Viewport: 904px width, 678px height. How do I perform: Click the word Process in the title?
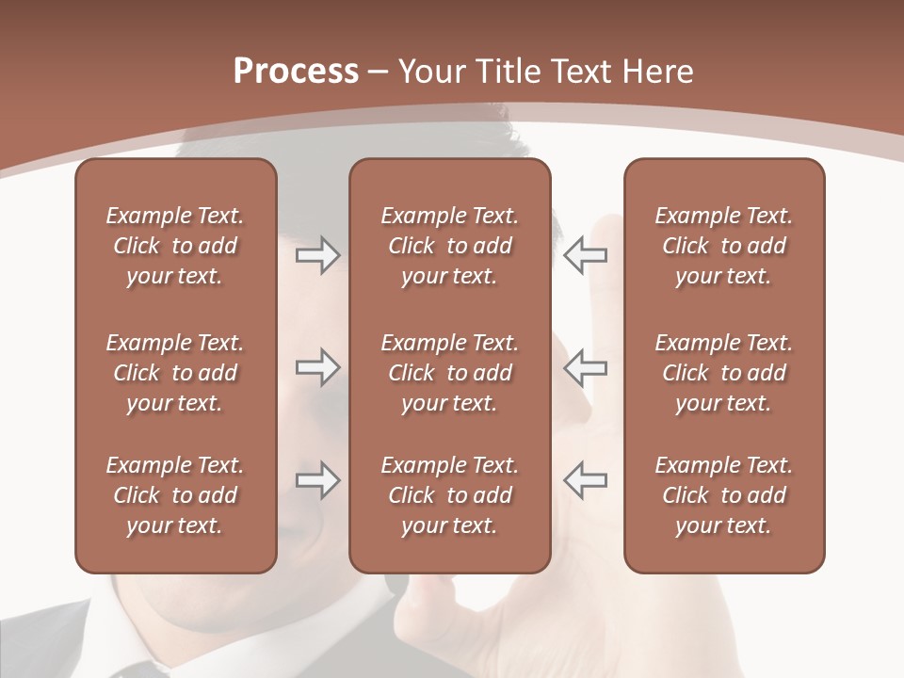click(296, 72)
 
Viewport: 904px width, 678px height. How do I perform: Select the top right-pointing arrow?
click(317, 255)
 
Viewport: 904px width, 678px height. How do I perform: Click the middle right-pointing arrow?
click(317, 367)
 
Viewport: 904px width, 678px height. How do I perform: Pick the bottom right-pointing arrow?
click(317, 480)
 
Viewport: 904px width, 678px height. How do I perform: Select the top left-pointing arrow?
click(586, 255)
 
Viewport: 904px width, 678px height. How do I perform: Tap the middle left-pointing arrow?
click(586, 367)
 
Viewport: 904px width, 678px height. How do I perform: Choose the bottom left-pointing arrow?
click(586, 480)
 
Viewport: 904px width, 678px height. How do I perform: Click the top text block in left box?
click(175, 246)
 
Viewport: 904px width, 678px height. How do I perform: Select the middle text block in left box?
click(175, 373)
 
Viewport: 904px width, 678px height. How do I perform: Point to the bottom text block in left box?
click(175, 495)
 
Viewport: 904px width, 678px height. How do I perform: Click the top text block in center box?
click(449, 246)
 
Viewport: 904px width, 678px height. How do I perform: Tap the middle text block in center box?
click(449, 373)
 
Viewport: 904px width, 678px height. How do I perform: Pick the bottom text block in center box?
click(449, 495)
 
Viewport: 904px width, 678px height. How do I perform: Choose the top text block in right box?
click(724, 246)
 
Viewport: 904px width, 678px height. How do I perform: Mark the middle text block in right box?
click(724, 373)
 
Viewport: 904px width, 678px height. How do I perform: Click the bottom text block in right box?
click(724, 495)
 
